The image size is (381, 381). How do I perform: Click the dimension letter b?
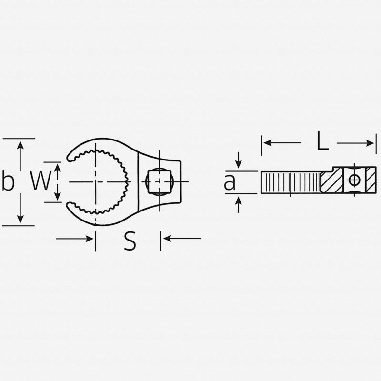(8, 182)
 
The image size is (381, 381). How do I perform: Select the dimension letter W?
(40, 181)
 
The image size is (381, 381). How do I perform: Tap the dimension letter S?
(130, 242)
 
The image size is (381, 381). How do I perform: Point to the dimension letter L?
(323, 142)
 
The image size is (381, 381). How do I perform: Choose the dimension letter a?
(230, 182)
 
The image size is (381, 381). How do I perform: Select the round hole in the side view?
(354, 180)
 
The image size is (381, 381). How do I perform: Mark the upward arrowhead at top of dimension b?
(20, 144)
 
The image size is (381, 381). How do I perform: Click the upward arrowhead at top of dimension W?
(57, 167)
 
